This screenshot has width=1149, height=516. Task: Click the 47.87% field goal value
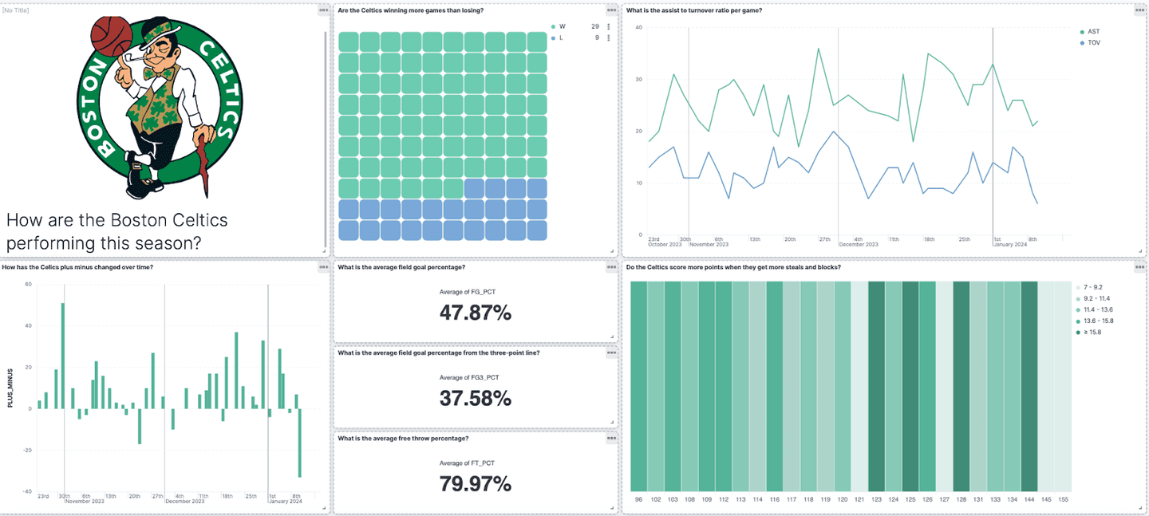[476, 313]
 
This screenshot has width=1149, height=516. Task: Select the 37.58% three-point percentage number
[476, 398]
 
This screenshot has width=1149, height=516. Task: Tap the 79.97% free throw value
[476, 483]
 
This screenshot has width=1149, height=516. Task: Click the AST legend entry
[1093, 32]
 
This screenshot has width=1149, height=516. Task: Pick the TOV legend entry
[1093, 43]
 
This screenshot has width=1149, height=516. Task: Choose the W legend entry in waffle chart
[563, 26]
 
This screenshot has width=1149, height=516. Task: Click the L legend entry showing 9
[562, 37]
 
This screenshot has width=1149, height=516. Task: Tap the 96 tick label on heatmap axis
[638, 499]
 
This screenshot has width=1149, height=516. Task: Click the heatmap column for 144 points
[1029, 386]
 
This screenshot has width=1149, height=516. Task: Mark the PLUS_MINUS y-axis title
[10, 388]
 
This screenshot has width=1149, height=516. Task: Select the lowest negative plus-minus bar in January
[300, 443]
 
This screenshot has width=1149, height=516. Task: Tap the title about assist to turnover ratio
[693, 10]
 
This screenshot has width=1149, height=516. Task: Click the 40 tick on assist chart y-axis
[638, 27]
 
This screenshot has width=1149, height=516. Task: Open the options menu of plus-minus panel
[323, 267]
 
